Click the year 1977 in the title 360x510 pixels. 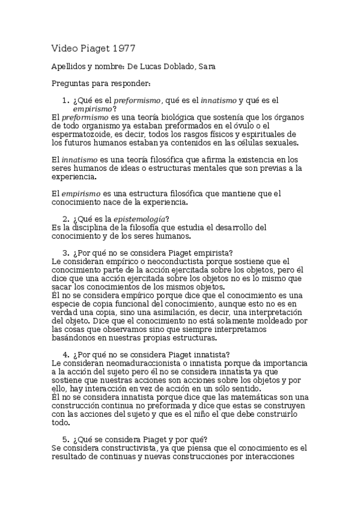(x=129, y=48)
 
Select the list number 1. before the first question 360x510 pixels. (x=66, y=100)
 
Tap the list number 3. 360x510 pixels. (x=66, y=252)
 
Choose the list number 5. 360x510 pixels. (x=66, y=438)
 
